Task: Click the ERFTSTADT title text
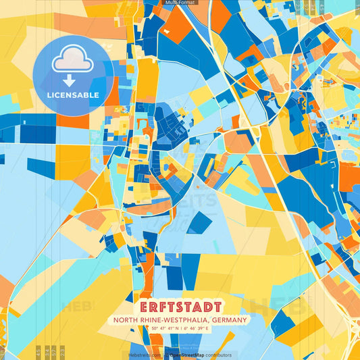(180, 306)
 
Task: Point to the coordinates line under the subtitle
(180, 329)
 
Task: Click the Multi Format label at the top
(180, 3)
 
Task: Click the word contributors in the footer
(217, 355)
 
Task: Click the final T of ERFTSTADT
(216, 306)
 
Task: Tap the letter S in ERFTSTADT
(180, 306)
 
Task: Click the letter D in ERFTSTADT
(207, 306)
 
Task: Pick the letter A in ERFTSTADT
(198, 306)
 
